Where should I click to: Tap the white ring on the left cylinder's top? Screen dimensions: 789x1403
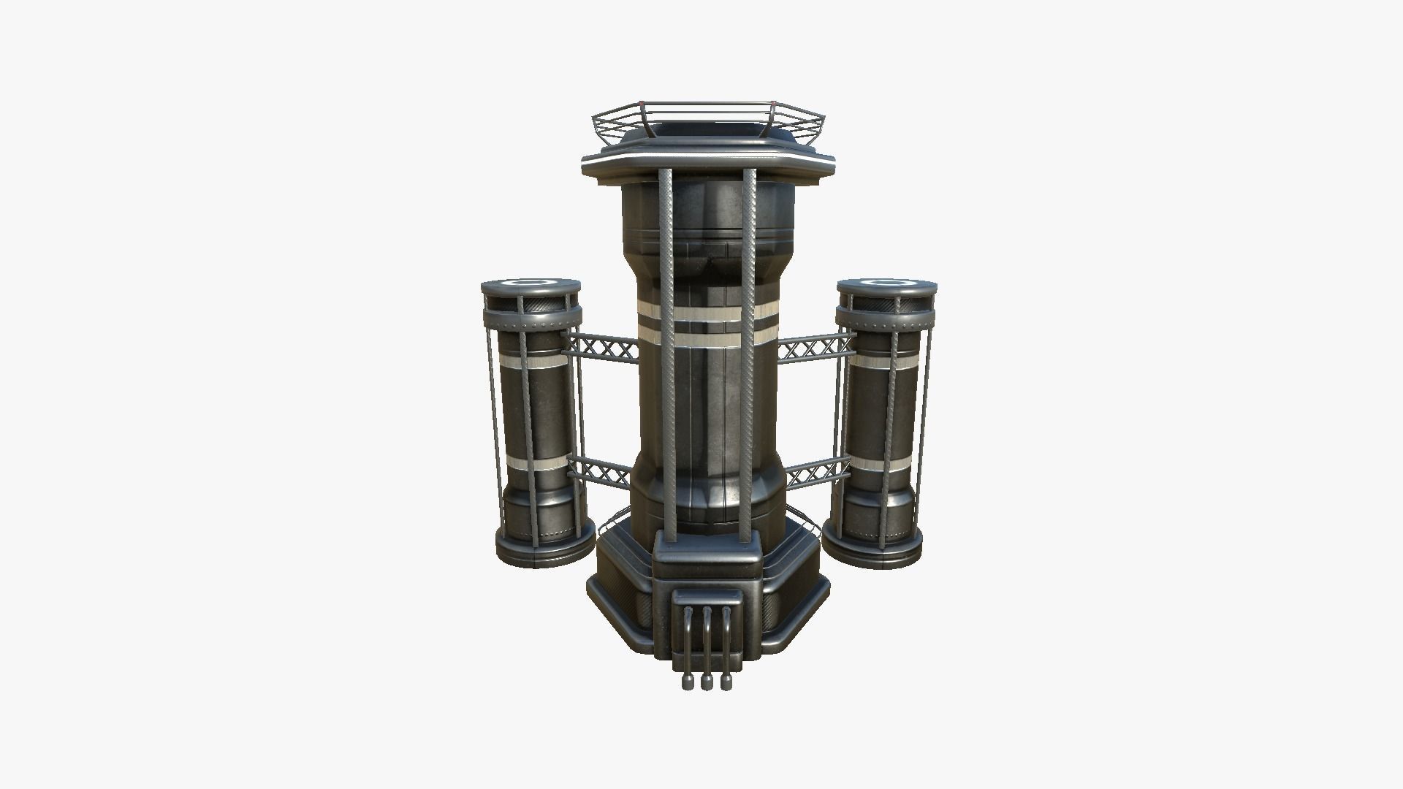pyautogui.click(x=531, y=282)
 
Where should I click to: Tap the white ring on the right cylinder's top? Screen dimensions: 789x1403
pyautogui.click(x=886, y=282)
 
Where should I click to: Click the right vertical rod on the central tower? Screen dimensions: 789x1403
pyautogui.click(x=748, y=351)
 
